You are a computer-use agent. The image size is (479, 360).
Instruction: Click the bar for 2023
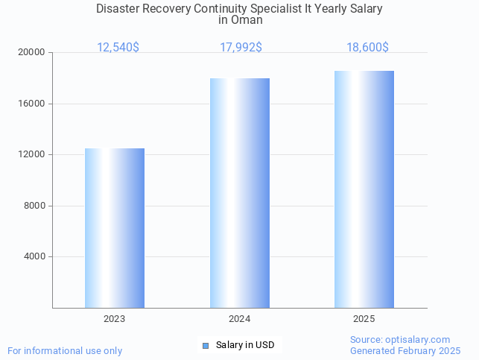coord(114,228)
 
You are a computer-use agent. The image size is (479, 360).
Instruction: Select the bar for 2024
coord(239,193)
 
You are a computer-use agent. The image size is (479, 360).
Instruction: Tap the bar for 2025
coord(364,189)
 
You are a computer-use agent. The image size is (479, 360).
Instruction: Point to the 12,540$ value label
coord(118,48)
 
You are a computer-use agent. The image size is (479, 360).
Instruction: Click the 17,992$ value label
coord(241,48)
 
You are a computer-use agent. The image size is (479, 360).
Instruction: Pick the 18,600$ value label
coord(367,48)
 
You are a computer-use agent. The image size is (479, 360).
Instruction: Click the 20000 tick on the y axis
coord(33,53)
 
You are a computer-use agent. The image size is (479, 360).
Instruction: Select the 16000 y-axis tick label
coord(33,104)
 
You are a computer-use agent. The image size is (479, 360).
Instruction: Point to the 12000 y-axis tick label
coord(33,155)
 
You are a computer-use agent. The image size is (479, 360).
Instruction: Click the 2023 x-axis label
coord(114,319)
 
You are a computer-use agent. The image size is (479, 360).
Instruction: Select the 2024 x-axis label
coord(239,319)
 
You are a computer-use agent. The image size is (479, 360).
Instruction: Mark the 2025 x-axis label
coord(364,319)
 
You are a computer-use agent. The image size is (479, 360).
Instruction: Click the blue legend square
coord(206,345)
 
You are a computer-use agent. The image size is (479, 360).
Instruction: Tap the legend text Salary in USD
coord(245,345)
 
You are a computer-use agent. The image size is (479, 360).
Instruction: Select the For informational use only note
coord(65,350)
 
